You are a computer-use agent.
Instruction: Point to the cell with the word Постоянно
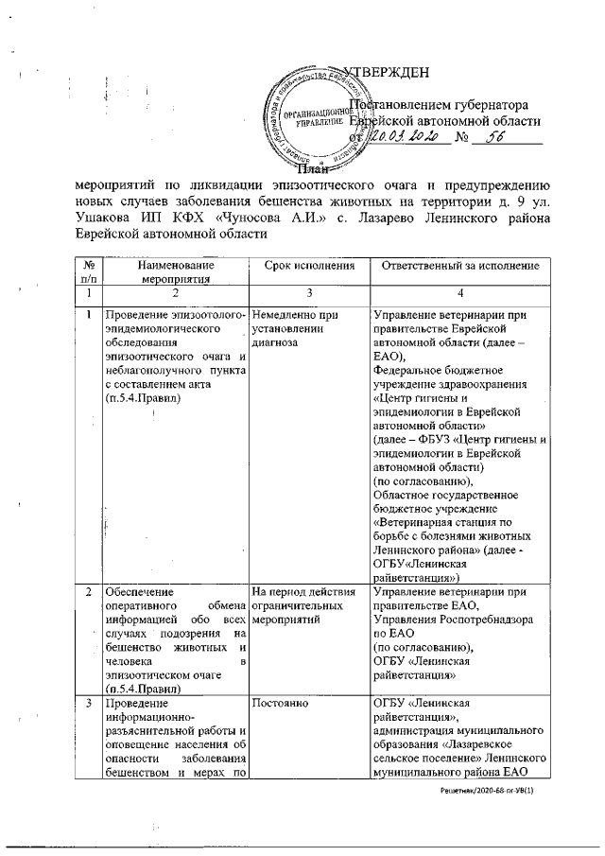pyautogui.click(x=281, y=704)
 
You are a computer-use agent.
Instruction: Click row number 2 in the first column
pyautogui.click(x=88, y=592)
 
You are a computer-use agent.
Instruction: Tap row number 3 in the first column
pyautogui.click(x=88, y=704)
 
